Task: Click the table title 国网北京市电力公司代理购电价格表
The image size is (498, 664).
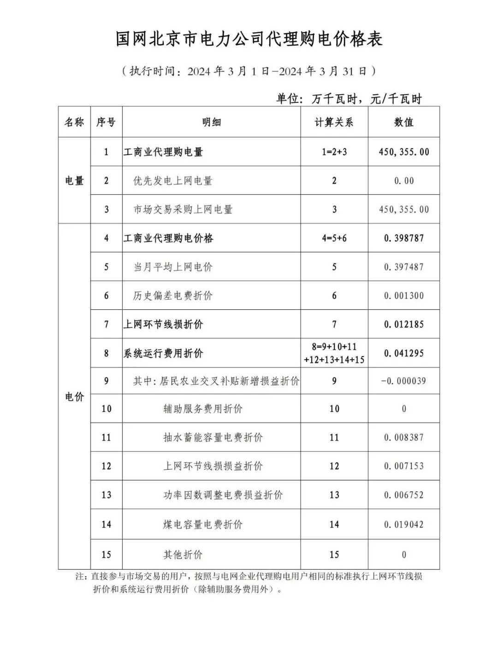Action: click(x=249, y=39)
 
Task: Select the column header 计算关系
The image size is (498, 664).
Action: click(x=334, y=122)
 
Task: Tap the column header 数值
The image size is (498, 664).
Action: click(x=403, y=122)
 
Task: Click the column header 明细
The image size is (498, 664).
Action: click(x=211, y=122)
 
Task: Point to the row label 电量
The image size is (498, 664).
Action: click(x=74, y=181)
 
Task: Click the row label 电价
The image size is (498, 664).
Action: click(x=74, y=397)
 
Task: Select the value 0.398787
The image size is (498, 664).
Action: click(x=403, y=238)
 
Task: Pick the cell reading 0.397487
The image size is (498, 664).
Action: click(x=403, y=267)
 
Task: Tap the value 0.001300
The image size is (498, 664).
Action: click(x=403, y=296)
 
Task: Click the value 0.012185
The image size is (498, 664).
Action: click(x=403, y=324)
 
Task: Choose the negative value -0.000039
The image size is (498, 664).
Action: click(x=403, y=381)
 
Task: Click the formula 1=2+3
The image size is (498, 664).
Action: click(x=334, y=152)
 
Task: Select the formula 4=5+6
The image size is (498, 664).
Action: click(x=334, y=238)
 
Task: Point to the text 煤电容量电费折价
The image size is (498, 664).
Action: click(x=202, y=525)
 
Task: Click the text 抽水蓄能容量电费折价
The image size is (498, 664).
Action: click(x=213, y=437)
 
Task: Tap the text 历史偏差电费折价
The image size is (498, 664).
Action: click(x=172, y=296)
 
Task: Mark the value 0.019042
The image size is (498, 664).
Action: click(x=403, y=525)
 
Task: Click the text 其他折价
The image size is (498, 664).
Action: click(x=183, y=555)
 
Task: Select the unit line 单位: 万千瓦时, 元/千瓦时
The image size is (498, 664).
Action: click(x=349, y=98)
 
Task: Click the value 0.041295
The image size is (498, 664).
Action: click(x=403, y=353)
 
